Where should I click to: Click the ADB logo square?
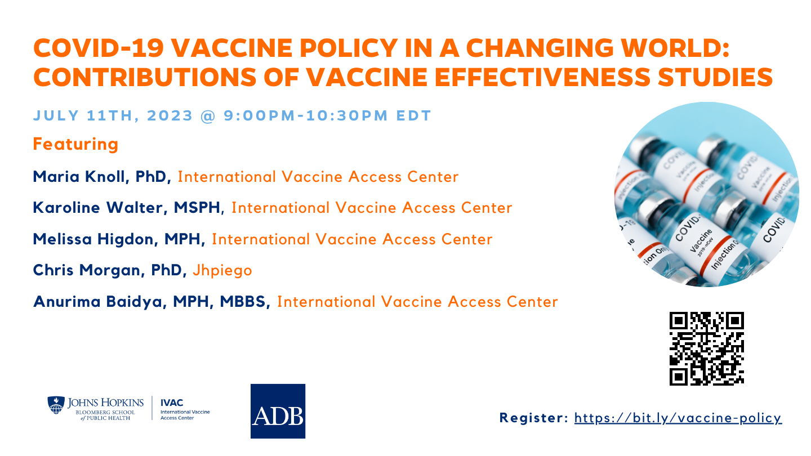click(x=278, y=411)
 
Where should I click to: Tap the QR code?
click(x=706, y=348)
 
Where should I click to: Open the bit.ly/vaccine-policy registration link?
click(x=678, y=418)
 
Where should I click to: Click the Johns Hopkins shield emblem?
click(x=56, y=405)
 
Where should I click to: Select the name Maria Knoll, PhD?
click(x=102, y=177)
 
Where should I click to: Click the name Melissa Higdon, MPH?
click(x=119, y=239)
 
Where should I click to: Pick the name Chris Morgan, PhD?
click(x=110, y=270)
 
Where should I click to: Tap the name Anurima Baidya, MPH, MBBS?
click(x=151, y=302)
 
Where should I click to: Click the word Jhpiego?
click(x=222, y=271)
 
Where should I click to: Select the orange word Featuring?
click(x=75, y=144)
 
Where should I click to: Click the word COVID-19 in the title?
click(x=99, y=48)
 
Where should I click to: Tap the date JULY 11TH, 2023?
click(x=113, y=116)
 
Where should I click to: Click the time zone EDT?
click(x=413, y=116)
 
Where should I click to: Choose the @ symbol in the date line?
click(x=208, y=116)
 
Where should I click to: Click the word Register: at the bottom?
click(x=534, y=418)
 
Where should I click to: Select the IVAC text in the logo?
click(x=172, y=403)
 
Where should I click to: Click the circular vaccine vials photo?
click(x=706, y=195)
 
